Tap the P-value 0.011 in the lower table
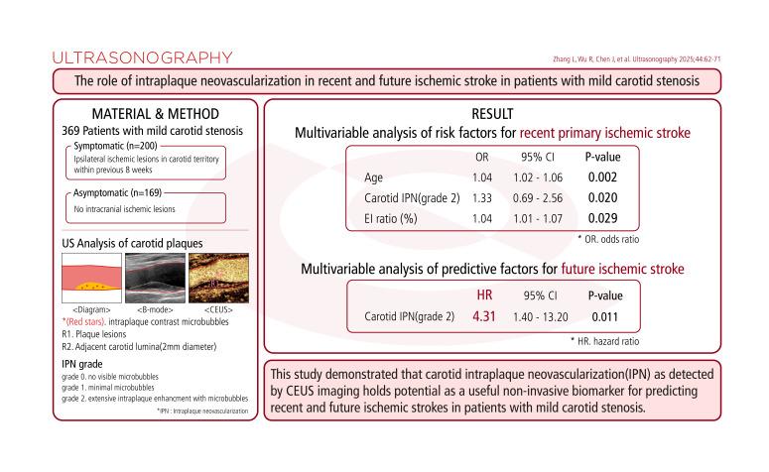(604, 316)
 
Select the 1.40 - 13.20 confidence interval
(543, 316)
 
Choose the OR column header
(483, 157)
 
